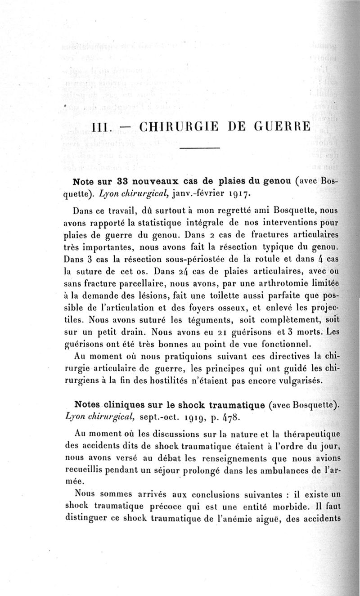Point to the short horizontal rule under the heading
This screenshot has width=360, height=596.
200,148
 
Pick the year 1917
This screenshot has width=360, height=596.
236,195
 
